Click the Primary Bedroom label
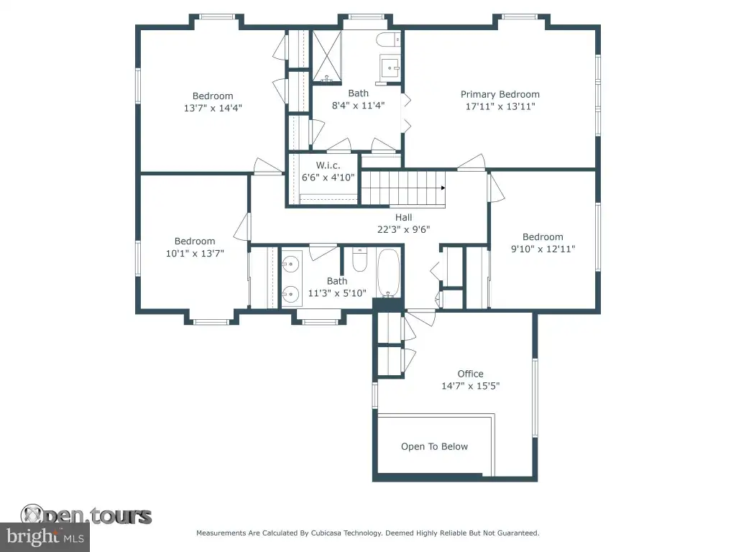click(x=500, y=94)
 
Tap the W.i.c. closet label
click(x=328, y=165)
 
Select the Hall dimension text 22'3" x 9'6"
click(x=404, y=229)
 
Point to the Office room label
click(x=470, y=374)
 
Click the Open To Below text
click(x=434, y=446)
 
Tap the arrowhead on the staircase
click(x=443, y=188)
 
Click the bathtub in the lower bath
click(x=388, y=273)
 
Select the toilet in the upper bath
click(x=388, y=40)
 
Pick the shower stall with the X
click(x=327, y=56)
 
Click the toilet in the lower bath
click(x=359, y=260)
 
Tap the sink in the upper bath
click(x=390, y=68)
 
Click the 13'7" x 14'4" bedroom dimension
click(x=213, y=108)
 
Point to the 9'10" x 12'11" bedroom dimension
click(x=543, y=249)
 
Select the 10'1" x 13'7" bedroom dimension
click(x=195, y=254)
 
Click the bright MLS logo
click(x=45, y=537)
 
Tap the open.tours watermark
click(x=86, y=515)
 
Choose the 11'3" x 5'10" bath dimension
click(x=337, y=293)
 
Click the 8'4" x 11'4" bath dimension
click(x=358, y=106)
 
